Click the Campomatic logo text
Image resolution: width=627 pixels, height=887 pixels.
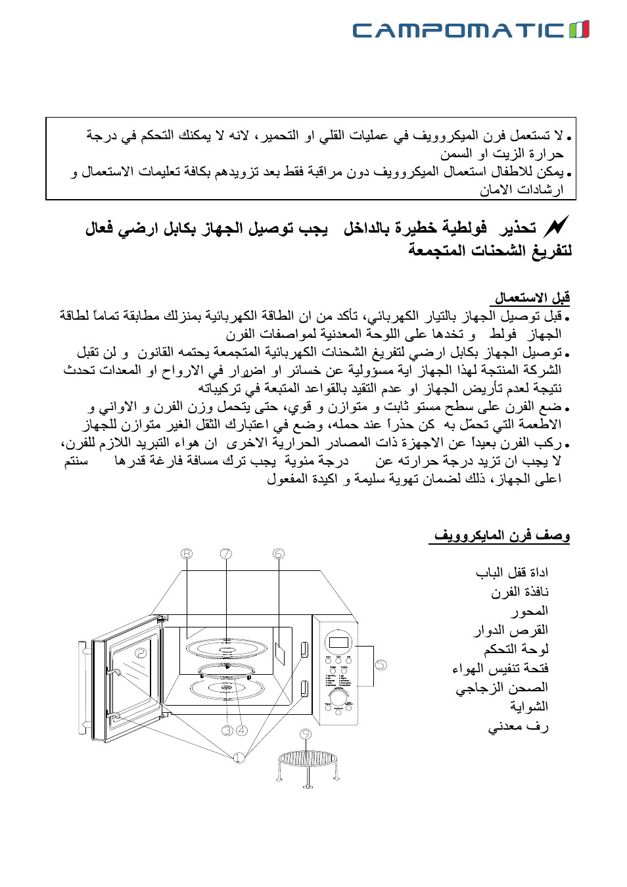click(x=458, y=30)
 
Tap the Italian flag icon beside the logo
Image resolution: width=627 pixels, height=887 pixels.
click(x=579, y=30)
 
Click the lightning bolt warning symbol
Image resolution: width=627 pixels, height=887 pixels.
click(x=556, y=227)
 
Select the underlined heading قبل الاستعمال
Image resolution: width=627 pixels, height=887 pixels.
click(x=532, y=298)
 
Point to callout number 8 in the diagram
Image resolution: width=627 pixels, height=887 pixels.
click(x=187, y=554)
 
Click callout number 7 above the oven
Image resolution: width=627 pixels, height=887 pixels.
click(x=226, y=554)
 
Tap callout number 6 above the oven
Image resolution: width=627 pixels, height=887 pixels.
click(x=279, y=554)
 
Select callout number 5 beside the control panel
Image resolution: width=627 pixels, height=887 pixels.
click(x=381, y=665)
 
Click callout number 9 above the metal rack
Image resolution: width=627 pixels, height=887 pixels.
click(x=306, y=734)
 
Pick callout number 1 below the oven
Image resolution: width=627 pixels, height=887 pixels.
click(x=239, y=758)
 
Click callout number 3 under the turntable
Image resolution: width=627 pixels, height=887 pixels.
click(x=227, y=730)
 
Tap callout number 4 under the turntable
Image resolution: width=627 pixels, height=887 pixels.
click(x=242, y=730)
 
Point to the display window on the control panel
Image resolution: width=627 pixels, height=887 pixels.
click(x=338, y=641)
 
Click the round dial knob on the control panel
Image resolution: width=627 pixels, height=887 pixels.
click(x=340, y=696)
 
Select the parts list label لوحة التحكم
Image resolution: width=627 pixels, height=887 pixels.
click(x=516, y=649)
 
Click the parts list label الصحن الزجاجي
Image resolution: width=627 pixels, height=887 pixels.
click(x=501, y=687)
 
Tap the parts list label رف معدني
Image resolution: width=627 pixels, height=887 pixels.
click(x=518, y=726)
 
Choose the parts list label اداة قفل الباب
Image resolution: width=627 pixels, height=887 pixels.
click(x=512, y=572)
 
